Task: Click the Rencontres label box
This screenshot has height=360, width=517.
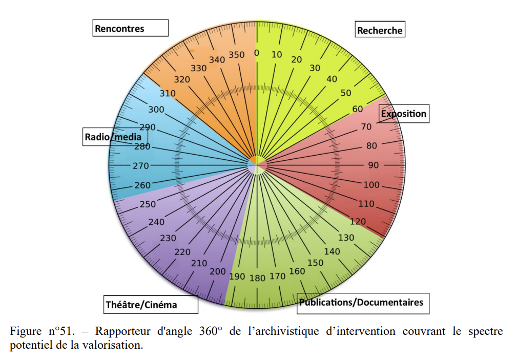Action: (131, 28)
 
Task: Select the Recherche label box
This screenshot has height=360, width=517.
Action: (380, 30)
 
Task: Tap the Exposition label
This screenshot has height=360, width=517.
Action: (404, 114)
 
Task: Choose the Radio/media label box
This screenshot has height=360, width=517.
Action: (115, 137)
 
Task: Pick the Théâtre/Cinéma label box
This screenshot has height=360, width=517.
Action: (151, 305)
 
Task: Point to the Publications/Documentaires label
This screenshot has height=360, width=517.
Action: (362, 303)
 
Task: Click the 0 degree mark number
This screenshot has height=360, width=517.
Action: (257, 53)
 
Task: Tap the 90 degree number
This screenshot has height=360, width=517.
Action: (373, 165)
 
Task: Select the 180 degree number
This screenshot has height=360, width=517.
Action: (257, 278)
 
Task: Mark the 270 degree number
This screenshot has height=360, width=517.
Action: (141, 166)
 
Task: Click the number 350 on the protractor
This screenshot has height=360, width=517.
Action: (236, 55)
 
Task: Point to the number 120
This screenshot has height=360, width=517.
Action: (358, 222)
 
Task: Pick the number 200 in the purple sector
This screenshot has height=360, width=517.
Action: (218, 271)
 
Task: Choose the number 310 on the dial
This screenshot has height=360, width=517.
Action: (168, 93)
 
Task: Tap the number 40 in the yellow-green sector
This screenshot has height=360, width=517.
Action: (332, 79)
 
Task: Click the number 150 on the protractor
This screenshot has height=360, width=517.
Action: (315, 263)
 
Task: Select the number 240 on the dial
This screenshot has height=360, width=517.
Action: (156, 222)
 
